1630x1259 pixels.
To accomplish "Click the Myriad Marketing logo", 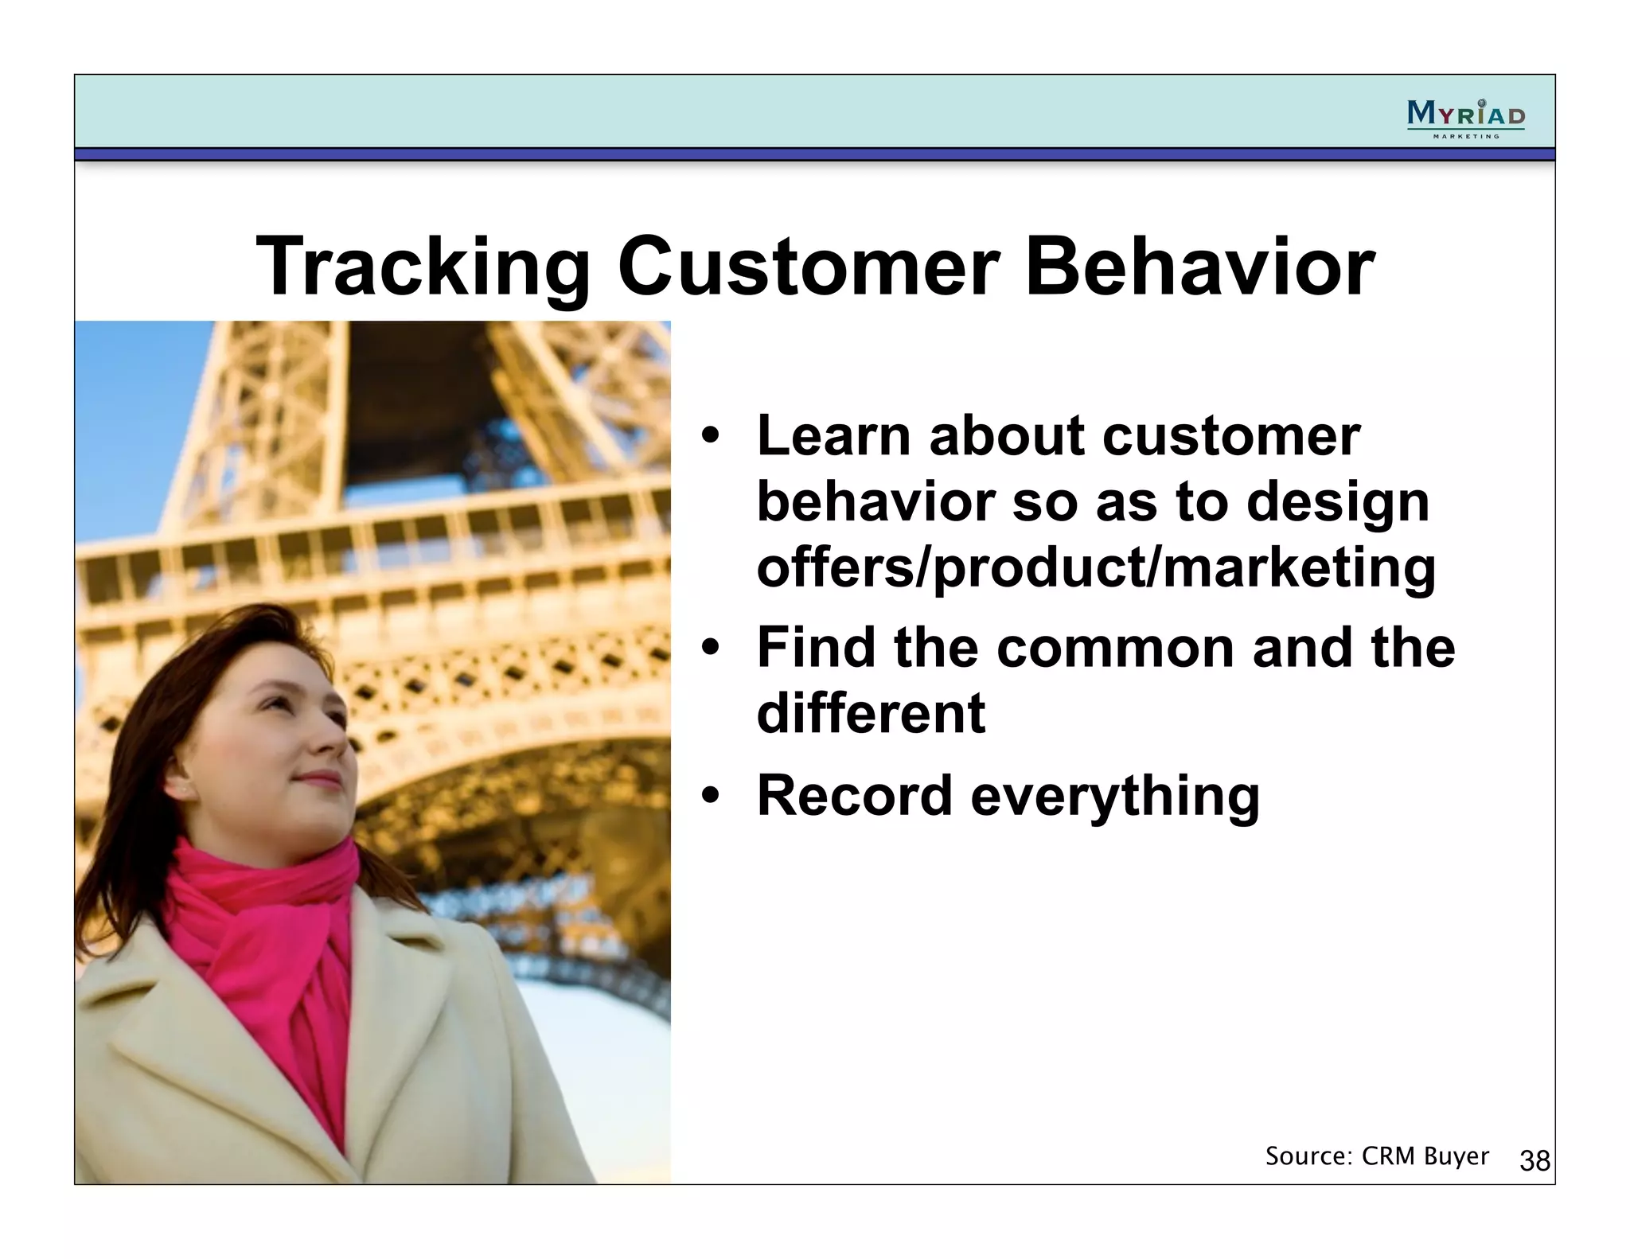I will [x=1465, y=118].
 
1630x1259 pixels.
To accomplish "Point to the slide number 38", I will [x=1534, y=1161].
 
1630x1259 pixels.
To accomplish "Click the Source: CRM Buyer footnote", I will [x=1376, y=1156].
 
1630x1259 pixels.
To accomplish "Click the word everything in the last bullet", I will [x=1115, y=796].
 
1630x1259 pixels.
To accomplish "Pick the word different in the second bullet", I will [x=871, y=713].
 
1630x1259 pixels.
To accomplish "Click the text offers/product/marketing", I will [x=1095, y=567].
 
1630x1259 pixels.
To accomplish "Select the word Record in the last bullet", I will [x=854, y=795].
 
